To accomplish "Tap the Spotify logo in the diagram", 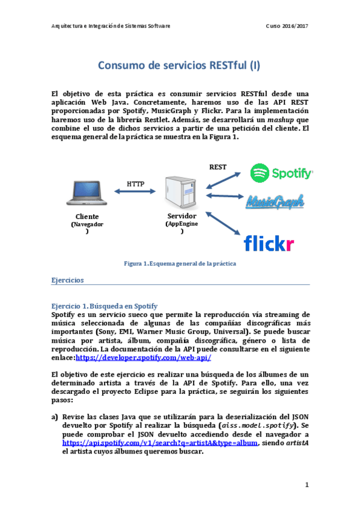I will click(x=281, y=173).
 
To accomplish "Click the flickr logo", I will click(x=269, y=243).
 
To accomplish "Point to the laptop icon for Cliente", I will click(x=87, y=192).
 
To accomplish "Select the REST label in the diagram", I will click(x=217, y=167).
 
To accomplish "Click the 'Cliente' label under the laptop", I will click(x=87, y=217).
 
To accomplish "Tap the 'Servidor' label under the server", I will click(x=182, y=215).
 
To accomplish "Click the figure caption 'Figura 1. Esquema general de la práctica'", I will click(x=180, y=263).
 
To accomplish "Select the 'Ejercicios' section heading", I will click(x=67, y=280).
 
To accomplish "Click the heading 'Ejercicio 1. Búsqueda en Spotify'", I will click(x=96, y=306).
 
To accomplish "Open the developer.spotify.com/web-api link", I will click(x=143, y=357).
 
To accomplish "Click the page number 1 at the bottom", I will click(x=307, y=484).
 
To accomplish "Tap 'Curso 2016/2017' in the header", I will click(x=287, y=26).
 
